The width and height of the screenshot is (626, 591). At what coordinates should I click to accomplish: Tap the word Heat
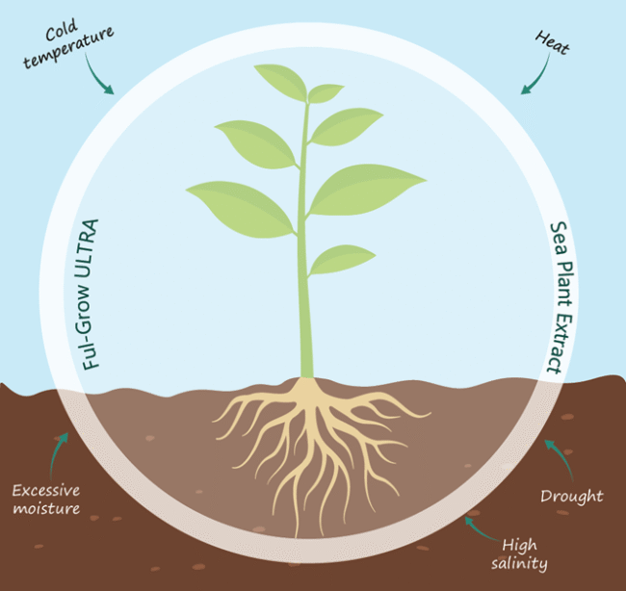pyautogui.click(x=551, y=43)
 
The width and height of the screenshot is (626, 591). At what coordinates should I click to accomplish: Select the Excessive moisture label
pyautogui.click(x=47, y=499)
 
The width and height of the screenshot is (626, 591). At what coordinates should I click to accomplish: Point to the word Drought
pyautogui.click(x=572, y=497)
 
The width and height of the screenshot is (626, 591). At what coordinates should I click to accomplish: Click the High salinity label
pyautogui.click(x=525, y=553)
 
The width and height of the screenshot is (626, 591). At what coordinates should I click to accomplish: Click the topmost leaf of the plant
pyautogui.click(x=281, y=81)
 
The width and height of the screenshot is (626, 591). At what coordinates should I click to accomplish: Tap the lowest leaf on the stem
pyautogui.click(x=341, y=258)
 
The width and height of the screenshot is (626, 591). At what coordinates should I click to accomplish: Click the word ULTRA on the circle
pyautogui.click(x=93, y=252)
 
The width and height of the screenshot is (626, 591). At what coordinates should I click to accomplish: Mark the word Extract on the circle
pyautogui.click(x=556, y=341)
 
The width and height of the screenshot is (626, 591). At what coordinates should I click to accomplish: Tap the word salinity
pyautogui.click(x=524, y=564)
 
